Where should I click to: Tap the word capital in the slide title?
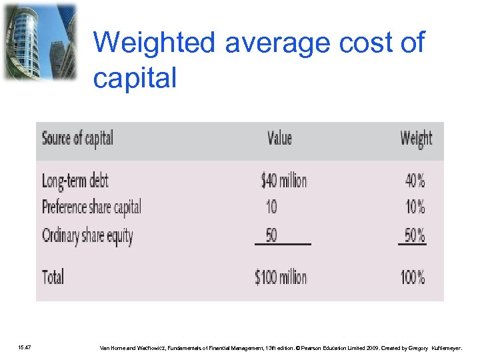pos(135,78)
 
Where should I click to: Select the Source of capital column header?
pos(77,139)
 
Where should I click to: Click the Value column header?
pos(279,138)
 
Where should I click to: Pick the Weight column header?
pos(416,139)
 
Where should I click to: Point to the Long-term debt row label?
pos(75,181)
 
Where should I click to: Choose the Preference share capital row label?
pos(91,207)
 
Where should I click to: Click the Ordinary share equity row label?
pos(87,235)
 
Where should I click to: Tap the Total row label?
pos(53,277)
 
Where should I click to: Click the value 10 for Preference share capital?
pos(271,207)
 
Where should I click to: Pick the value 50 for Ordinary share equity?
pos(271,235)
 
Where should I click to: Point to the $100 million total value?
pos(281,277)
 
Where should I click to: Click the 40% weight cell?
pos(415,181)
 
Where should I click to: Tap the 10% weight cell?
pos(415,207)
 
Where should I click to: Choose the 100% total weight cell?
pos(413,277)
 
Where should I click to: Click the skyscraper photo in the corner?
pos(40,41)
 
